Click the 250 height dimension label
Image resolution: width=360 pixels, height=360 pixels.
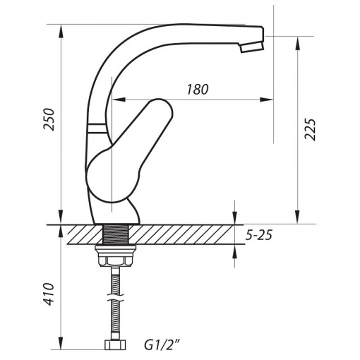click(49, 119)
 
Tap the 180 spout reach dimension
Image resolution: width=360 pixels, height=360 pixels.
click(198, 90)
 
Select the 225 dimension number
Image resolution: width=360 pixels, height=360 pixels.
click(310, 129)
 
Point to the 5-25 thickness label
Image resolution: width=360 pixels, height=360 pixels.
click(259, 235)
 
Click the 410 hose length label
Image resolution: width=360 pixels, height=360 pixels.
click(49, 294)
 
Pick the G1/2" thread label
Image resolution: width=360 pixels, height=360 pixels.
click(162, 345)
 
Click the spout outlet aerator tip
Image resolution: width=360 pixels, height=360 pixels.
click(251, 47)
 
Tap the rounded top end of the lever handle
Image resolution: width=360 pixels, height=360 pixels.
click(160, 106)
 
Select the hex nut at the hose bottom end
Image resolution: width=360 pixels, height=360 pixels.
click(115, 344)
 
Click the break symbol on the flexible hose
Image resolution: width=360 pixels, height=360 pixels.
click(115, 297)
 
